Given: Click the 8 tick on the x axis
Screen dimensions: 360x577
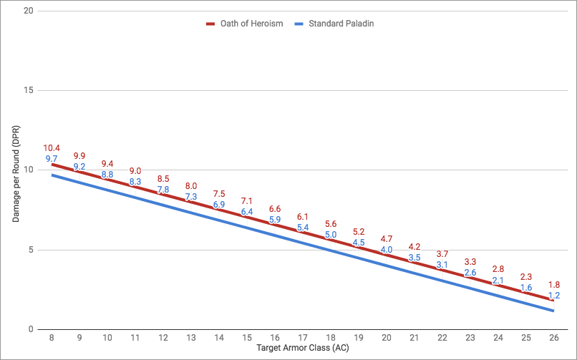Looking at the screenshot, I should point(52,336).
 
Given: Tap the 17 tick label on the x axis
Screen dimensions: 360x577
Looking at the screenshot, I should point(302,336).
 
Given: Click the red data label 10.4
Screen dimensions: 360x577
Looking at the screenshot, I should point(52,148).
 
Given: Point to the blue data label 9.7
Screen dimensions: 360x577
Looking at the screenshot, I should point(52,159).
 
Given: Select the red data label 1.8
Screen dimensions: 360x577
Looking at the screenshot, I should point(553,285).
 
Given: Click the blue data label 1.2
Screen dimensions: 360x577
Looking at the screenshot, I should point(553,296).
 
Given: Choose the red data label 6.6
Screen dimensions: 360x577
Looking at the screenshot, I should point(275,209).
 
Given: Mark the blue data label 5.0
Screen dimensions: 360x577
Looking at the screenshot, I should point(330,235).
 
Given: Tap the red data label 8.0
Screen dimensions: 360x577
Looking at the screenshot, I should point(191,186).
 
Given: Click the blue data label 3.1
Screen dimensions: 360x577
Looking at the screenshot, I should point(442,265).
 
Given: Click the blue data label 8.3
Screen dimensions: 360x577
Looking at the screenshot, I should point(135,183).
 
